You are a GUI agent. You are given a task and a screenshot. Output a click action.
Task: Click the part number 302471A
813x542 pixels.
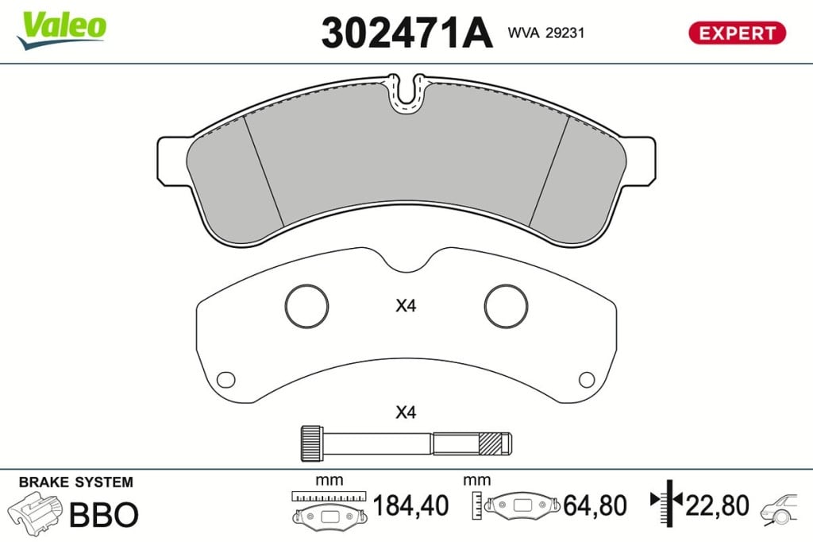pyautogui.click(x=406, y=33)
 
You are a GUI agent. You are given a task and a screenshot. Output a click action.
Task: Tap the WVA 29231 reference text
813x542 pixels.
pyautogui.click(x=546, y=33)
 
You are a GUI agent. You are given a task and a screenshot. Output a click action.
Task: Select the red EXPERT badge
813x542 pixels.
pyautogui.click(x=737, y=33)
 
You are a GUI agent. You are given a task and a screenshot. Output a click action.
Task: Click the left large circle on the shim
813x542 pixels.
pyautogui.click(x=306, y=285)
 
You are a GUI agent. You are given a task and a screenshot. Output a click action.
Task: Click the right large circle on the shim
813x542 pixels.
pyautogui.click(x=506, y=285)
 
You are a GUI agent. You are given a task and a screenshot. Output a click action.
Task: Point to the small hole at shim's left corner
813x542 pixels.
pyautogui.click(x=225, y=380)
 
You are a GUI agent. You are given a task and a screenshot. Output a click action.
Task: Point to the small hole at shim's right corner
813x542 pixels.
pyautogui.click(x=587, y=380)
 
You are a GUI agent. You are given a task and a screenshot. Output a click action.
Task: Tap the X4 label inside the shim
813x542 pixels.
pyautogui.click(x=406, y=306)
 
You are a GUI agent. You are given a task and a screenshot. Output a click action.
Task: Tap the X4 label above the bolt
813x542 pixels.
pyautogui.click(x=406, y=412)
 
